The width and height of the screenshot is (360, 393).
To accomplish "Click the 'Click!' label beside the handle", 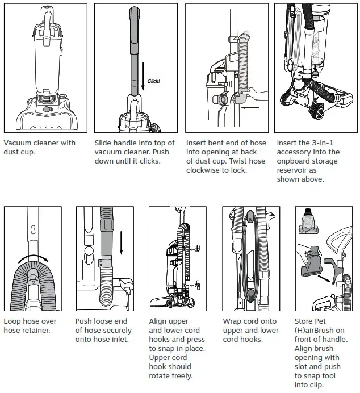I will point(153,81).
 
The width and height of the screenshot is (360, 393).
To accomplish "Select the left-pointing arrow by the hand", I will point(250,106).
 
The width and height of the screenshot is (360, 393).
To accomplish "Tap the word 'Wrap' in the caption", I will point(232,321).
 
